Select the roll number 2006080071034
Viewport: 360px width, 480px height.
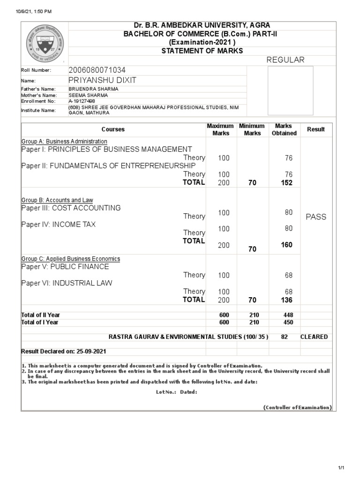(x=97, y=70)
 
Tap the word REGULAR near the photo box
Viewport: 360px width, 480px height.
(x=285, y=60)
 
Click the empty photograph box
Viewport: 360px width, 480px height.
(x=290, y=90)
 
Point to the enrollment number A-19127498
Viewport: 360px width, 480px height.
(x=82, y=101)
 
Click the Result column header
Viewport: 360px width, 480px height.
(x=315, y=129)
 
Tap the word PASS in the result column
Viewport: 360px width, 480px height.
(x=315, y=217)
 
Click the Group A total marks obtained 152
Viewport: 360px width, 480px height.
(x=286, y=183)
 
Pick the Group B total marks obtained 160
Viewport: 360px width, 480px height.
(x=286, y=245)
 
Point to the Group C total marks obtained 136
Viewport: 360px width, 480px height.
(x=286, y=300)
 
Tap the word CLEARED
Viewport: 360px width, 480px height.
(x=314, y=337)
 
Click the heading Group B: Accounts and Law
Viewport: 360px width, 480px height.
(x=57, y=200)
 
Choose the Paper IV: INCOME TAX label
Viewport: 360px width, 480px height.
(x=59, y=225)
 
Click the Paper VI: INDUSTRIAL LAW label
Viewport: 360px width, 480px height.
(x=67, y=283)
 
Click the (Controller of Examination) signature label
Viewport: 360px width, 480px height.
(x=297, y=407)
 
